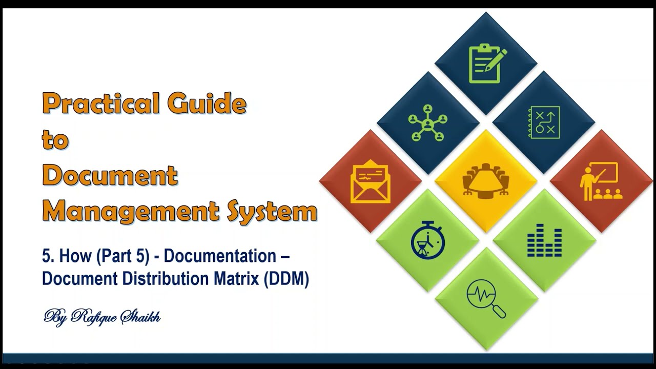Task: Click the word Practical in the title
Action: pyautogui.click(x=100, y=104)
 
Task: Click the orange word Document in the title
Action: pyautogui.click(x=110, y=175)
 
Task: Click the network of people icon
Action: pyautogui.click(x=427, y=123)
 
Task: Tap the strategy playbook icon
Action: pyautogui.click(x=544, y=122)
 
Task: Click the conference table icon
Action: pyautogui.click(x=486, y=180)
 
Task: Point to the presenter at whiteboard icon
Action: pyautogui.click(x=601, y=181)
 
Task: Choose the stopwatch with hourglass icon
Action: pyautogui.click(x=427, y=239)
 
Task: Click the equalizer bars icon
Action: pyautogui.click(x=544, y=240)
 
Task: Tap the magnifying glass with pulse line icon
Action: pyautogui.click(x=486, y=298)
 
